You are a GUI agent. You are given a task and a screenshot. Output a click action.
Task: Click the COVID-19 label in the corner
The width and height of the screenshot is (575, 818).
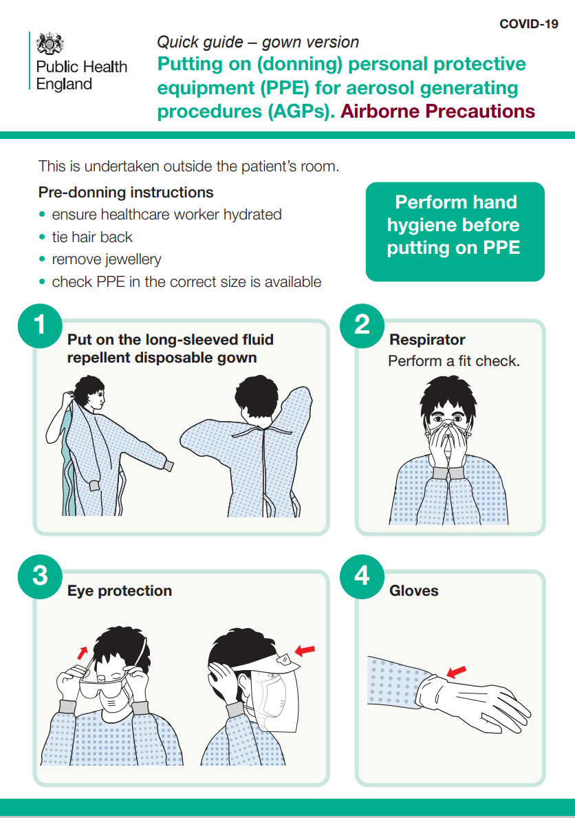point(528,24)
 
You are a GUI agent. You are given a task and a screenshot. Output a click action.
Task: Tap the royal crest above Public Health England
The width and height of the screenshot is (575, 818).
point(50,43)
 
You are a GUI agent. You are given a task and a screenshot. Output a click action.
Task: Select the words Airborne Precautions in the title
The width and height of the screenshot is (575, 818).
point(437,111)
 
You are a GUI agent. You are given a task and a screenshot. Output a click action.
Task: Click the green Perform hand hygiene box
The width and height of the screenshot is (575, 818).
point(455,232)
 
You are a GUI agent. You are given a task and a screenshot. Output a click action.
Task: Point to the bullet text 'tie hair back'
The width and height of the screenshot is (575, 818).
point(92,237)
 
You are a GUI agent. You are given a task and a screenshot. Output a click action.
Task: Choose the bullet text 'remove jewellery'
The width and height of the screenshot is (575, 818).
point(107,259)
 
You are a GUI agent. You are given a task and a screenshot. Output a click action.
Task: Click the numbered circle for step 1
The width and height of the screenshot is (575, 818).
point(40,325)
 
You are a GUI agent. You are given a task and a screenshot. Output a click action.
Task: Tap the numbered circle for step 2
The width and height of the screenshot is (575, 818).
point(362,325)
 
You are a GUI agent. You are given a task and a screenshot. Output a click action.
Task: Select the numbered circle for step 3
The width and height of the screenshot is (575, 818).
point(40,577)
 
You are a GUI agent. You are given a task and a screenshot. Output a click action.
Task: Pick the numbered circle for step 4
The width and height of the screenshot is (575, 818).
point(362,577)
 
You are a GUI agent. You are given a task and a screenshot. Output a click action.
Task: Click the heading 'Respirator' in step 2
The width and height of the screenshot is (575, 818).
point(427,340)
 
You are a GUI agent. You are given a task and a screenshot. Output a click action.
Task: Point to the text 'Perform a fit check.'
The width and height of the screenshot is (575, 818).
point(454,361)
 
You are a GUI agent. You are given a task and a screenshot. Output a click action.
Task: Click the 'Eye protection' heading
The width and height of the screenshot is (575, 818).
point(120,590)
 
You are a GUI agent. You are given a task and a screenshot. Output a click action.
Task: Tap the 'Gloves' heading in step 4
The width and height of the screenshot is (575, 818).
point(414,590)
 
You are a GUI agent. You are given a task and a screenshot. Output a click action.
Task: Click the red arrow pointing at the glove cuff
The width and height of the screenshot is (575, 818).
point(457,671)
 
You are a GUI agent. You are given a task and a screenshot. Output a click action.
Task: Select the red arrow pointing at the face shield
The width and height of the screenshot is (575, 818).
point(305,651)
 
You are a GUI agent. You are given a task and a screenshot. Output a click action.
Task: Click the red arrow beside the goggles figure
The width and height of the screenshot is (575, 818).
point(82,653)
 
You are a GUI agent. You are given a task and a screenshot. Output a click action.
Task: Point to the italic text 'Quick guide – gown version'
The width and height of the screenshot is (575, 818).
point(258,42)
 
